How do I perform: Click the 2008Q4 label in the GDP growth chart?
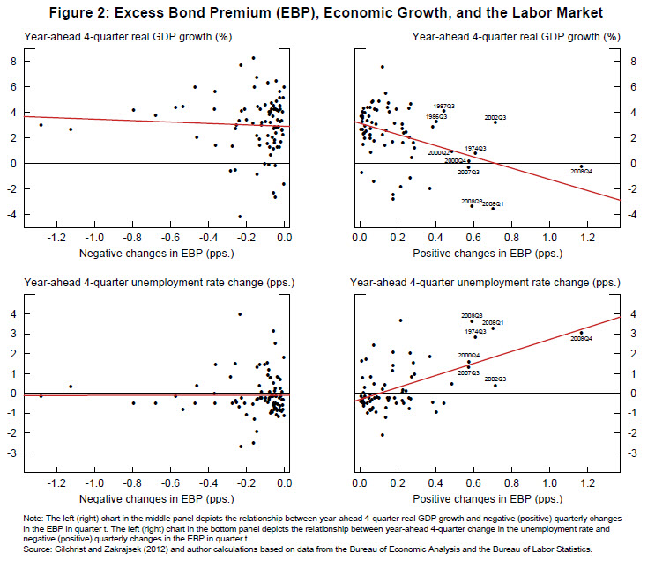[x=582, y=171]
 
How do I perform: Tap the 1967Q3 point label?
[x=443, y=106]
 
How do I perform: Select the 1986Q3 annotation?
[x=436, y=116]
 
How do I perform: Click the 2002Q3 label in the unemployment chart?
[x=495, y=379]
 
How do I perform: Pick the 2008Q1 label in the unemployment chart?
[x=493, y=323]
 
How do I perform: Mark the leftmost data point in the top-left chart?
[x=41, y=125]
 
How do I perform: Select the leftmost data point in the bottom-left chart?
[x=41, y=396]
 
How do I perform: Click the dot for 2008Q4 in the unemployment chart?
[x=581, y=333]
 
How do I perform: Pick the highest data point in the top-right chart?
[x=382, y=67]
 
